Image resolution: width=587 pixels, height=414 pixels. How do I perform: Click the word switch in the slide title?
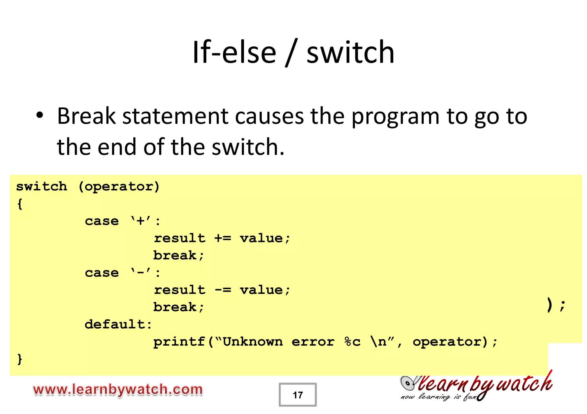coord(350,52)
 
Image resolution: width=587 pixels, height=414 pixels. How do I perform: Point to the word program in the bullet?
coord(395,117)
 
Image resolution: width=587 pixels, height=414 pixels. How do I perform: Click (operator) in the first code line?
coord(119,187)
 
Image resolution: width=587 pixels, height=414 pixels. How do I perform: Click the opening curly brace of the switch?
coord(19,204)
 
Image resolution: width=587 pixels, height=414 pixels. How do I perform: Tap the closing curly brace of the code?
coord(19,359)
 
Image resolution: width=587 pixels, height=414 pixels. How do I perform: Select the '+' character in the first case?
coord(140,221)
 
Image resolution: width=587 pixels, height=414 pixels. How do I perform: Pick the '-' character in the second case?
coord(140,273)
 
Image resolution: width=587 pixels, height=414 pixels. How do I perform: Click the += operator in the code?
coord(222,238)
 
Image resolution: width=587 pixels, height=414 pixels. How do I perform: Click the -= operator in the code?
coord(222,290)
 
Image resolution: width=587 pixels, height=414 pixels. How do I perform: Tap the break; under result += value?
coord(178,255)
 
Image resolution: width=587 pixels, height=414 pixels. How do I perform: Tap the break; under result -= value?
coord(178,307)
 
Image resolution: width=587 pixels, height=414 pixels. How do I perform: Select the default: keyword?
coord(118,324)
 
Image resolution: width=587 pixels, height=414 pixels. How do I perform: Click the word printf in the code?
coord(179,342)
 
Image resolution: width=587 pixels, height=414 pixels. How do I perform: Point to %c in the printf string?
coord(352,342)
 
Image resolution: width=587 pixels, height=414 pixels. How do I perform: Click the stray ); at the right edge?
coord(555,305)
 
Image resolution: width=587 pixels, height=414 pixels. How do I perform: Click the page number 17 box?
coord(298,395)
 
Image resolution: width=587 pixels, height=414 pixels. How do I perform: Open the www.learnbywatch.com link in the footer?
coord(118,390)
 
